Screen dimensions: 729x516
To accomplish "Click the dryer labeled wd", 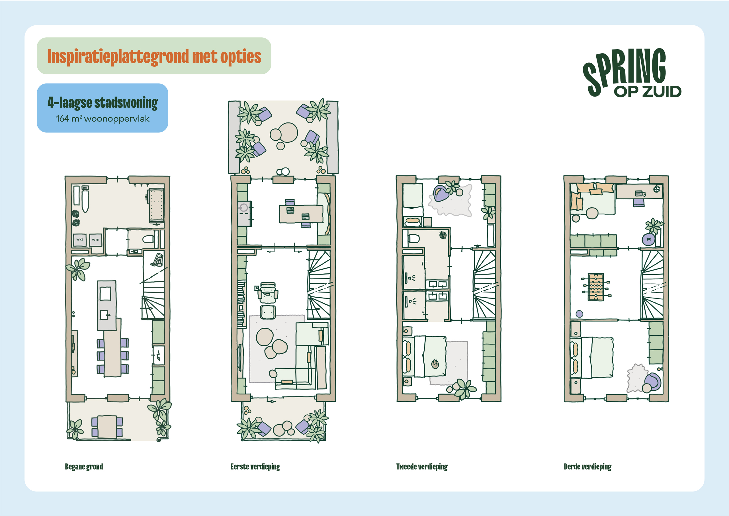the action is point(79,239).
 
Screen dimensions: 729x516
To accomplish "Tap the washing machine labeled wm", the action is point(96,240).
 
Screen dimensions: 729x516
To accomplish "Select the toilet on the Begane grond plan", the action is point(148,239).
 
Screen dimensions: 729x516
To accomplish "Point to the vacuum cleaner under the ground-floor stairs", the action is point(157,260).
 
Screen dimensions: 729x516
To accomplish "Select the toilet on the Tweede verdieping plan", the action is point(413,238).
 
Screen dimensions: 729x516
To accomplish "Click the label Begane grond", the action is point(84,466).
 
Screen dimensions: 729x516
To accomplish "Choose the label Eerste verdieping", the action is point(255,466).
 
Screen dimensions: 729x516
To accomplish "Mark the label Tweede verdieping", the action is point(422,466).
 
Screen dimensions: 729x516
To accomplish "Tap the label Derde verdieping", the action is point(587,466).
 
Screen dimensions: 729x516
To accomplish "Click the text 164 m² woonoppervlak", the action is point(102,119).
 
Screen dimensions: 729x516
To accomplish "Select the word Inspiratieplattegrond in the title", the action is point(118,57).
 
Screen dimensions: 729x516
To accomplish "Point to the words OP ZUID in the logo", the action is point(648,91).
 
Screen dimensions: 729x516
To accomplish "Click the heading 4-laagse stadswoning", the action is point(103,103).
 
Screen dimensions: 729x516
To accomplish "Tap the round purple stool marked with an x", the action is point(648,239).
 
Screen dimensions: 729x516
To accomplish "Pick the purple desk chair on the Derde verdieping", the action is point(639,203).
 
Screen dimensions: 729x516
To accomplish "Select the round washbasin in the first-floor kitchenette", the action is point(243,208).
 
